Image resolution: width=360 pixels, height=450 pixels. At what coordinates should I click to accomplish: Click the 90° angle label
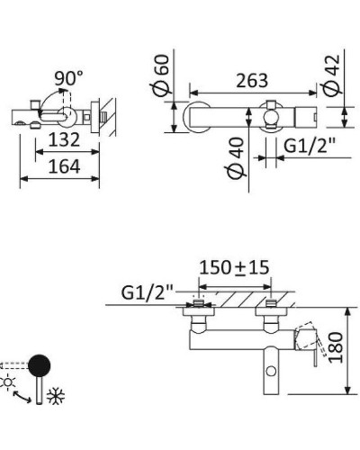pyautogui.click(x=67, y=79)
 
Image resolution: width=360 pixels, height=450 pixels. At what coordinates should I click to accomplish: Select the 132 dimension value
pyautogui.click(x=65, y=139)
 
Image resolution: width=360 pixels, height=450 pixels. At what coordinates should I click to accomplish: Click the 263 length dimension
pyautogui.click(x=253, y=81)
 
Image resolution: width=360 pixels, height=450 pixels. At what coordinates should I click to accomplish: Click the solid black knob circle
pyautogui.click(x=39, y=365)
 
